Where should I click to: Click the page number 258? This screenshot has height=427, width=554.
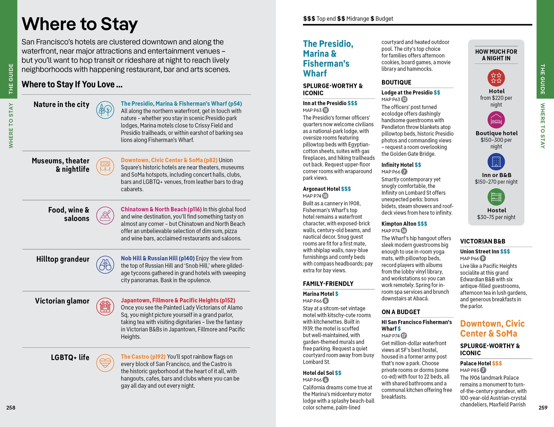pos(11,408)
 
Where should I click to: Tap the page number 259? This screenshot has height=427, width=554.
pos(543,408)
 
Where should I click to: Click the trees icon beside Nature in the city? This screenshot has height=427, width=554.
pos(105,110)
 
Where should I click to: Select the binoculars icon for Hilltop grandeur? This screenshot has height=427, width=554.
pos(105,265)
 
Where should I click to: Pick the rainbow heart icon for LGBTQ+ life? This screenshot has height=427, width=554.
pos(105,363)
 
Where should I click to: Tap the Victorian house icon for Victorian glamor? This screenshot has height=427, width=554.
pos(105,306)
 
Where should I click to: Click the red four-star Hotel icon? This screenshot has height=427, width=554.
pos(496,78)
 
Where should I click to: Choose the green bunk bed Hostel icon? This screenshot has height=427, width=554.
pos(496,197)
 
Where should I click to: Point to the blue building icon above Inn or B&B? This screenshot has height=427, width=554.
pos(496,162)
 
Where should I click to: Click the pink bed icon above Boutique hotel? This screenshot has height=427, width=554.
pos(496,120)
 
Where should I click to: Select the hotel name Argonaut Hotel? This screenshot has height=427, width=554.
pos(321,189)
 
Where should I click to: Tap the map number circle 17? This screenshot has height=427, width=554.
pos(404,335)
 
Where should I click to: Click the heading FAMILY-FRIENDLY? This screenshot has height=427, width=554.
pos(328,284)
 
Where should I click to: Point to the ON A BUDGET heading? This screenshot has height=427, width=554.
pos(401,312)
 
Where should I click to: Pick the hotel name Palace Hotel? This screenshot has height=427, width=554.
pos(475,363)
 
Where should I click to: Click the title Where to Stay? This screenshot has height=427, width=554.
pos(80,24)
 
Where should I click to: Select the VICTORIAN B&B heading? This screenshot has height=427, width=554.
pos(483,241)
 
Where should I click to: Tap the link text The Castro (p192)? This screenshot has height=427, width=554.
pos(143,357)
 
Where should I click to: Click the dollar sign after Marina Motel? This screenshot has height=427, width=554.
pos(337,294)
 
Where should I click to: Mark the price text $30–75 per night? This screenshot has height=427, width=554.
pos(496,217)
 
